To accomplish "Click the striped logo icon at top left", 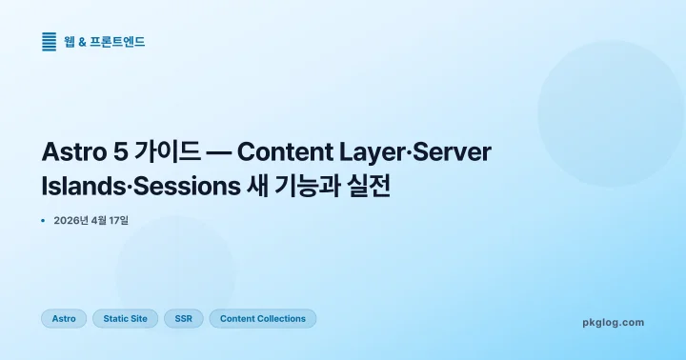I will coord(50,42).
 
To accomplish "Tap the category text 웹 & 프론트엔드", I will coord(105,42).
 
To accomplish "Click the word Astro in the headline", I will coord(72,152).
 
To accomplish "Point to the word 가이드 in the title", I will coord(165,152).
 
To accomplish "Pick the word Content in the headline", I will coord(282,152).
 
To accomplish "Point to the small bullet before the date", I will coord(44,221).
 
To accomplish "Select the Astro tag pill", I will coord(64,319).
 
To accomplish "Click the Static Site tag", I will coord(125,319).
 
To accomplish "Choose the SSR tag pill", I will coord(183,319).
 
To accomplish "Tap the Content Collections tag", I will coord(263,319).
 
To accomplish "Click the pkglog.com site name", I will coord(613,323).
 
